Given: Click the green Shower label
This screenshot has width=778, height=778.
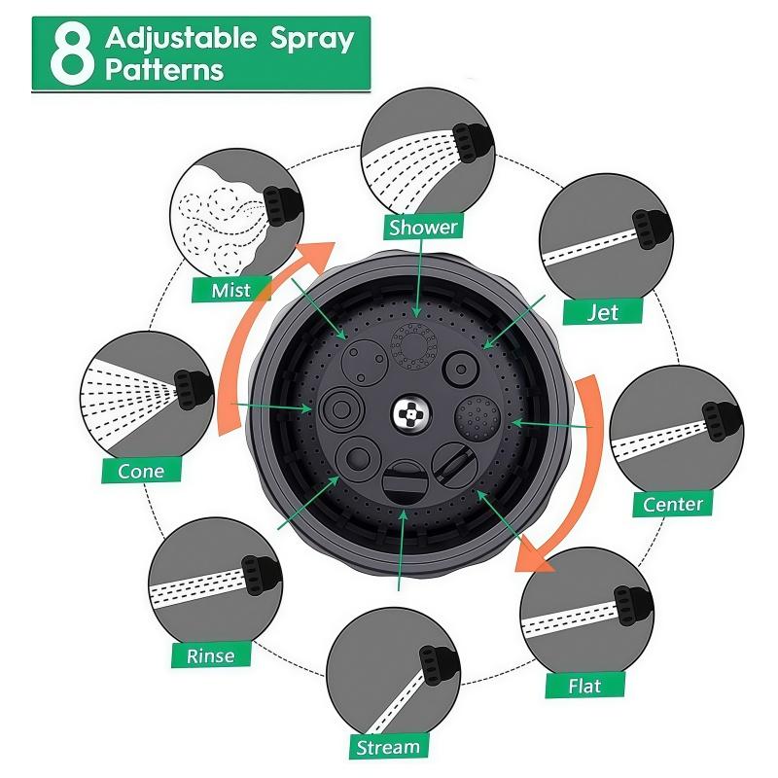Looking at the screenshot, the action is pyautogui.click(x=423, y=227).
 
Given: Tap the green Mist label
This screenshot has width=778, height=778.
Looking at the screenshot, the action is pyautogui.click(x=231, y=289).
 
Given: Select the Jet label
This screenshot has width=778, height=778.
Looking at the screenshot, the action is pyautogui.click(x=603, y=312).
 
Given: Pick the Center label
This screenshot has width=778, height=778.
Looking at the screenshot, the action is pyautogui.click(x=673, y=504).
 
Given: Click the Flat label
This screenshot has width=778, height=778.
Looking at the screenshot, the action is pyautogui.click(x=585, y=686).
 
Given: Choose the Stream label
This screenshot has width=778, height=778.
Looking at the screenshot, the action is pyautogui.click(x=388, y=747).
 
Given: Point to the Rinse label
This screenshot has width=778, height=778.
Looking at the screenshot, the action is pyautogui.click(x=211, y=655).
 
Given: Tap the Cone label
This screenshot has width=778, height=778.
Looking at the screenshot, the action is pyautogui.click(x=141, y=471).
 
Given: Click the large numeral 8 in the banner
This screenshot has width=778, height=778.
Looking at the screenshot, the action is pyautogui.click(x=72, y=55).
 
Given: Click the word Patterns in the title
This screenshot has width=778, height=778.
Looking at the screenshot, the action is pyautogui.click(x=164, y=70).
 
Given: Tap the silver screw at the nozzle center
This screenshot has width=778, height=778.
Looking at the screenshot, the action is pyautogui.click(x=411, y=412).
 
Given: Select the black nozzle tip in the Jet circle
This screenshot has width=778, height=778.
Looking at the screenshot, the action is pyautogui.click(x=651, y=229).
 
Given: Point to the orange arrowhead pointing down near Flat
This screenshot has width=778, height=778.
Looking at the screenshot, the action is pyautogui.click(x=533, y=554).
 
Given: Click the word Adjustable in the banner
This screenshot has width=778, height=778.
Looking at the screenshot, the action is pyautogui.click(x=181, y=39).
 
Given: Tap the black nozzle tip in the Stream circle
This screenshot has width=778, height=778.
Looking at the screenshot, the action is pyautogui.click(x=438, y=666).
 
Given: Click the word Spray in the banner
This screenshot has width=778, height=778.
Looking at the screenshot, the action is pyautogui.click(x=312, y=40).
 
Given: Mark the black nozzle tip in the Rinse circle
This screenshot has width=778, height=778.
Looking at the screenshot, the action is pyautogui.click(x=261, y=576).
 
